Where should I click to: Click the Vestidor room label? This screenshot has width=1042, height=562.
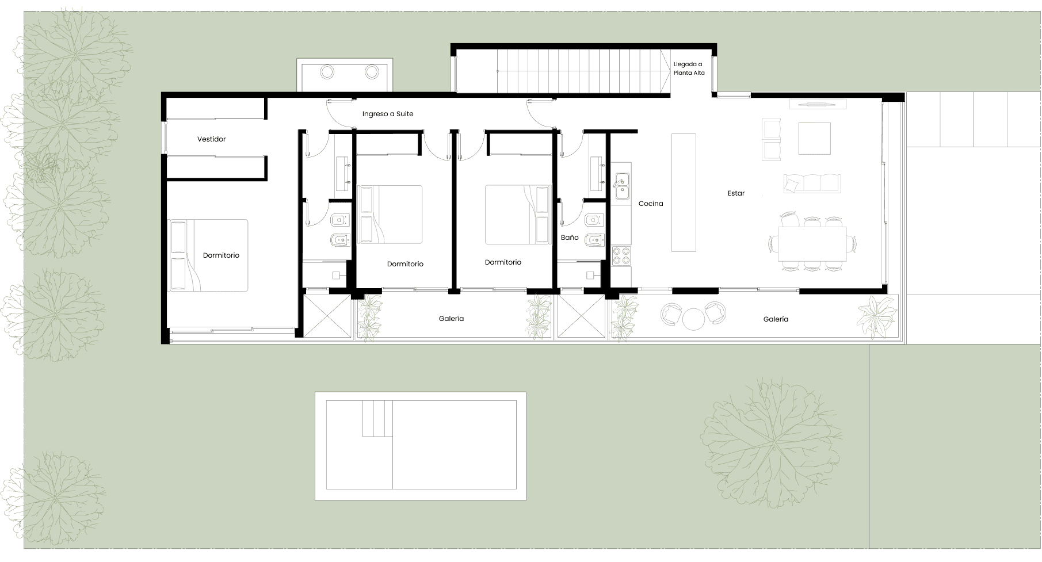pos(211,139)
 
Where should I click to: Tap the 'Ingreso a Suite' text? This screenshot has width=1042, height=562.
pos(388,114)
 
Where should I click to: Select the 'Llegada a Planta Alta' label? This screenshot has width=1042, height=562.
pos(689,68)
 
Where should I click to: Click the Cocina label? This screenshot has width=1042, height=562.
pos(651,204)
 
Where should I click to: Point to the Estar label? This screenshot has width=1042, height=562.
pos(736,193)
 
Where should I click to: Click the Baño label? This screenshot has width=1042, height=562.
pos(570,238)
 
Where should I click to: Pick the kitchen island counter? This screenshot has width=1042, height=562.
pos(684,192)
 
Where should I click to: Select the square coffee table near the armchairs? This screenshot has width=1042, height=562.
pos(814,139)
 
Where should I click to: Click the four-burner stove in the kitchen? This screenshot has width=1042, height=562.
pos(621,255)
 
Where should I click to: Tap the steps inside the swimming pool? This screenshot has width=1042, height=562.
pos(377,419)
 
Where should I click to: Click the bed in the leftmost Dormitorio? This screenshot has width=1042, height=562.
pos(208,255)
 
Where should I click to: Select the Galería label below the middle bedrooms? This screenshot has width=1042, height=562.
pos(451,319)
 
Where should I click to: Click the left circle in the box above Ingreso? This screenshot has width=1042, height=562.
pos(327,72)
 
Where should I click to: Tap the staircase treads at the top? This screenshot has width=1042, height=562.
pos(581,71)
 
